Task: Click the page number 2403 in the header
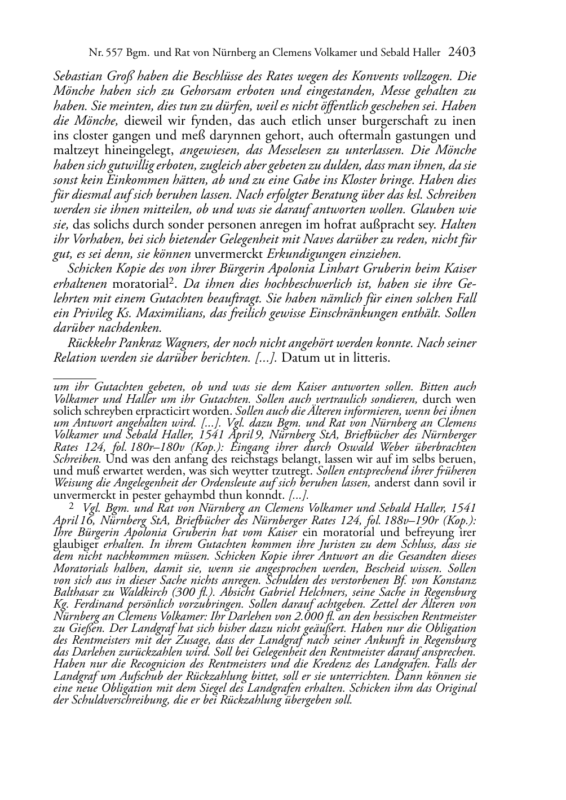pos(462,52)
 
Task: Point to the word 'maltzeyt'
pos(74,151)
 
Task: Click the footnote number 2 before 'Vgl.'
pos(72,506)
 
